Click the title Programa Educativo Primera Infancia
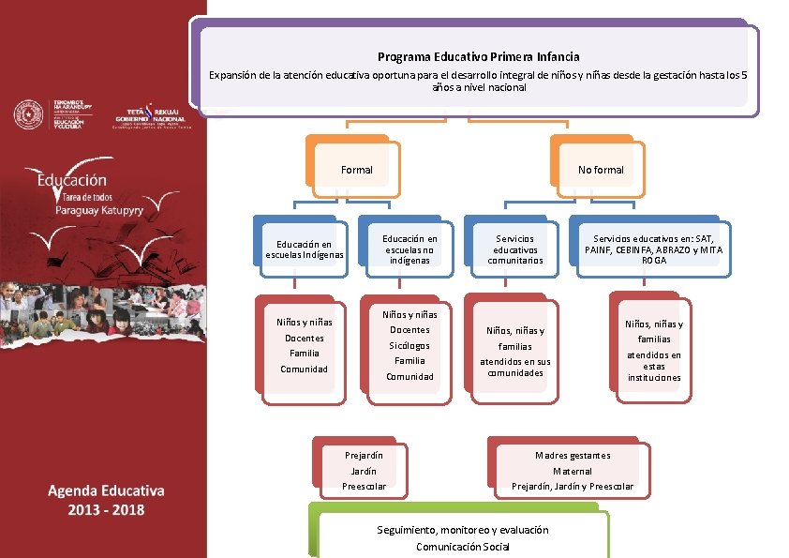tap(478, 57)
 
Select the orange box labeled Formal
tap(357, 170)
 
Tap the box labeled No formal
tap(601, 170)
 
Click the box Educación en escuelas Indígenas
tap(305, 249)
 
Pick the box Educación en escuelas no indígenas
tap(409, 249)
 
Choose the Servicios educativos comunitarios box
tap(515, 249)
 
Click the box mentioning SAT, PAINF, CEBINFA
tap(654, 249)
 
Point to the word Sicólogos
tap(409, 345)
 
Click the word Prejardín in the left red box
tap(364, 456)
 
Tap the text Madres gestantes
tap(573, 456)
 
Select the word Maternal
tap(573, 472)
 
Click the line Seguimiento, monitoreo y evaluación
tap(463, 530)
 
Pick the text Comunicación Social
tap(463, 547)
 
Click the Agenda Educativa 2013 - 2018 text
tap(106, 500)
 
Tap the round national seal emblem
tap(28, 114)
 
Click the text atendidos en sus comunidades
tap(515, 367)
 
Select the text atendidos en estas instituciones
tap(654, 367)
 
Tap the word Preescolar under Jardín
tap(364, 487)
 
